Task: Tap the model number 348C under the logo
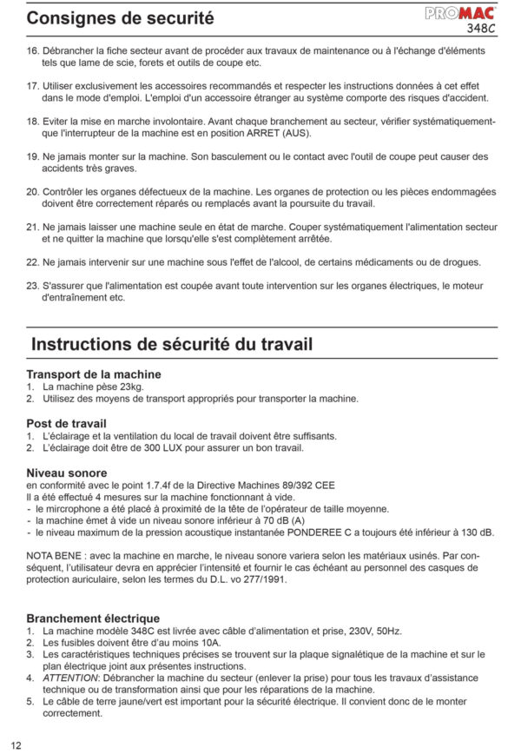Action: [x=481, y=28]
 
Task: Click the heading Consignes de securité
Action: [x=120, y=17]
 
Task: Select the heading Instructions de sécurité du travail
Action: [x=171, y=344]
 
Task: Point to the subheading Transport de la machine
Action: [x=94, y=374]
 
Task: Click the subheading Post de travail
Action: [x=66, y=423]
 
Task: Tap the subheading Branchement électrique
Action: [x=93, y=618]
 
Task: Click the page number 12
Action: [x=16, y=744]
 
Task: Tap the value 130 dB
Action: [x=477, y=532]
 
